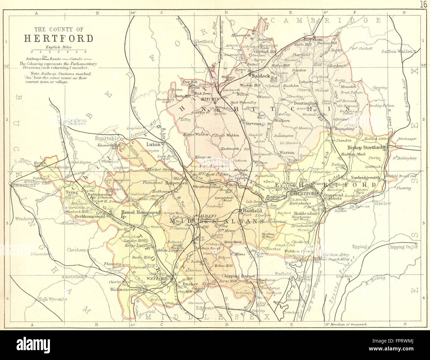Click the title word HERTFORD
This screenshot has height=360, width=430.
[x=59, y=38]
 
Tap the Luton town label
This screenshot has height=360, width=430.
[x=154, y=144]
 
